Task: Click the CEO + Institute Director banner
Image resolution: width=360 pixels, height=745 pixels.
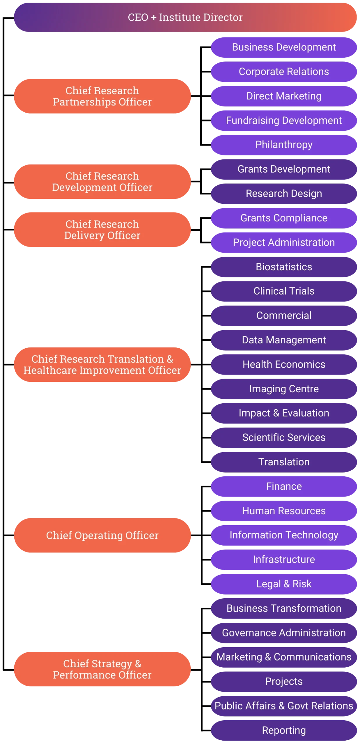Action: click(x=185, y=17)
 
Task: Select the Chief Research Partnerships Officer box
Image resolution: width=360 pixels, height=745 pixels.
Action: click(x=102, y=96)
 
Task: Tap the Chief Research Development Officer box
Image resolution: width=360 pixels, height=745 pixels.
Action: click(x=102, y=182)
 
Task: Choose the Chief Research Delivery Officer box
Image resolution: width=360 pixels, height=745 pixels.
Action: click(x=102, y=230)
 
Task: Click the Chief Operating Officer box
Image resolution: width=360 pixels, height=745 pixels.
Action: click(x=102, y=535)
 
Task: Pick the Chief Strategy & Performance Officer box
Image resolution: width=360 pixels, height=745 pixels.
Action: click(x=102, y=669)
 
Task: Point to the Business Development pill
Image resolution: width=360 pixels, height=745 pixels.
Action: click(x=284, y=47)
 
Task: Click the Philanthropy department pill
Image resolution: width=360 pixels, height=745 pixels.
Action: click(x=284, y=145)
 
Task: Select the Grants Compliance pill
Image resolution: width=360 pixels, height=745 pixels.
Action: click(x=284, y=218)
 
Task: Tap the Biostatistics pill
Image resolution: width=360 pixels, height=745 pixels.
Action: click(x=284, y=267)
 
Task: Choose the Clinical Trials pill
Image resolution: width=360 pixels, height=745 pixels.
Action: click(x=284, y=291)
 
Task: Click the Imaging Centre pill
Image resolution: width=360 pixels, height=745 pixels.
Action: click(x=284, y=389)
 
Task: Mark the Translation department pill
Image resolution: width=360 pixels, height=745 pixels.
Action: click(x=284, y=462)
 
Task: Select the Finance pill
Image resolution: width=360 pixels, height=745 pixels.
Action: click(x=284, y=486)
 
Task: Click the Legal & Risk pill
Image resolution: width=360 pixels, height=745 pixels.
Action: click(x=284, y=584)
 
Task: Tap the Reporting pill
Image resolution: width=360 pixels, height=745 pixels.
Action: click(x=284, y=730)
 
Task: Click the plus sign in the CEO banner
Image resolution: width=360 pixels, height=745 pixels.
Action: click(x=154, y=18)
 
